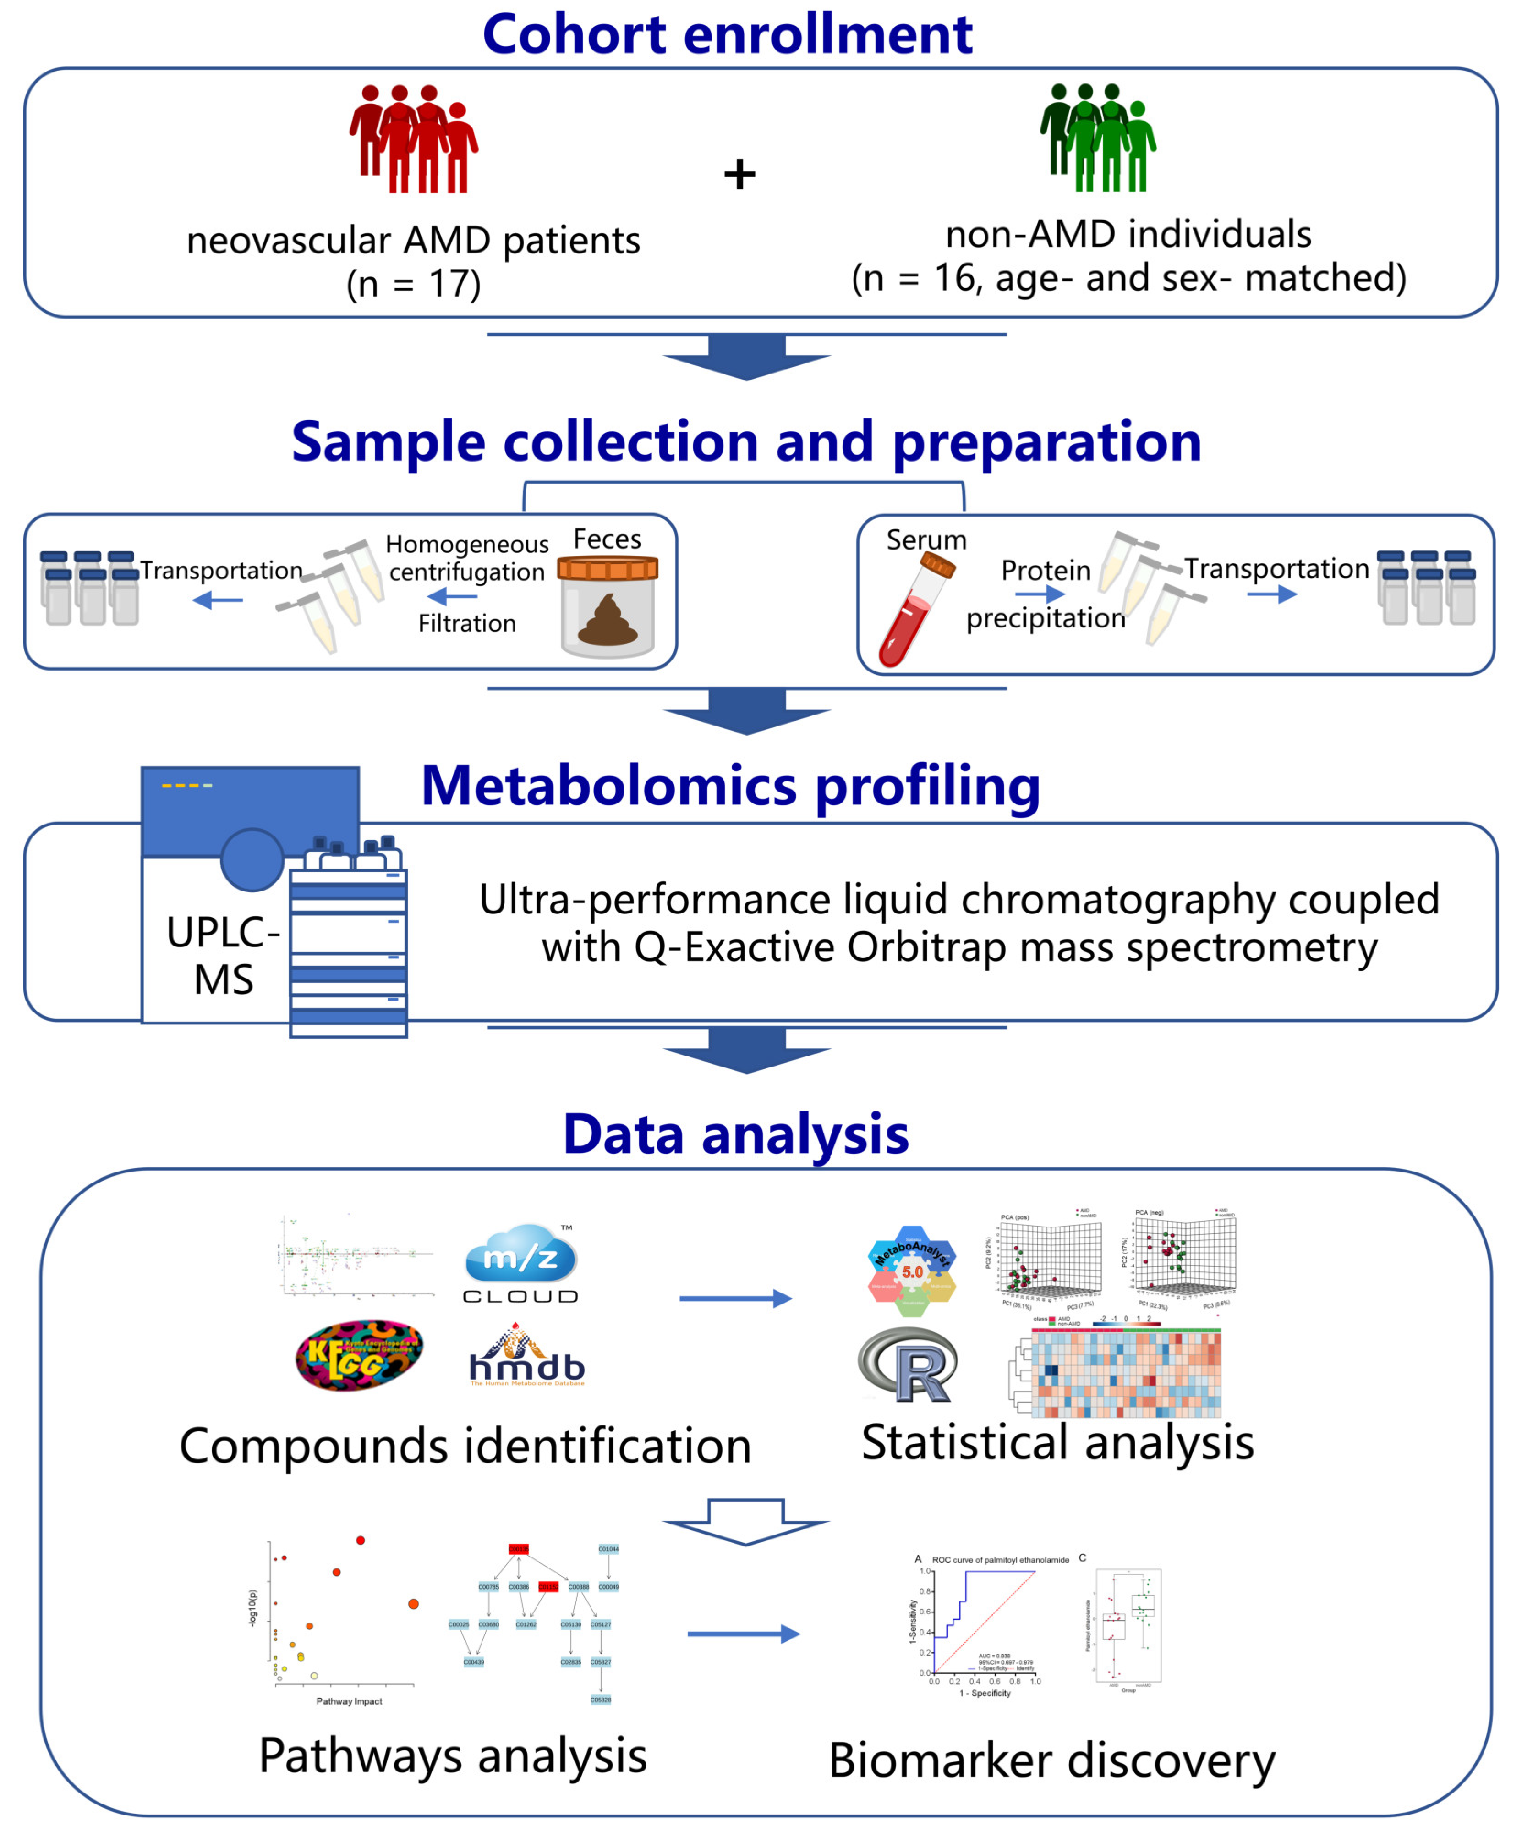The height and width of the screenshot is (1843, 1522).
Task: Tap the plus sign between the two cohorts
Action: coord(739,174)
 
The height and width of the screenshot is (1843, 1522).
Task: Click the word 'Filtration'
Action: coord(466,624)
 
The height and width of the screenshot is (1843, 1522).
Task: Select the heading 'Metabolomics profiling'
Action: coord(730,785)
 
